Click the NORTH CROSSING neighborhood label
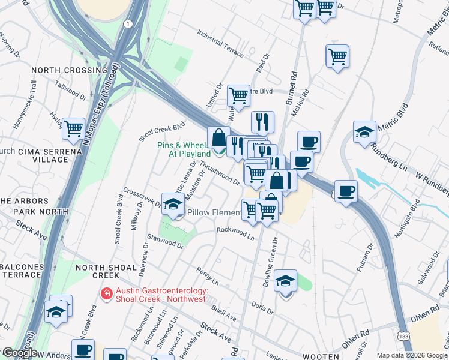tap(69, 70)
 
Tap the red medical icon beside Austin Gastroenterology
tap(106, 294)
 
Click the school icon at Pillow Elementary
tap(173, 203)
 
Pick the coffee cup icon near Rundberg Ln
tap(346, 191)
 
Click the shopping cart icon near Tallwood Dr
tap(73, 127)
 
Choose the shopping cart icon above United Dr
tap(239, 95)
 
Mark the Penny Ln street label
tap(207, 276)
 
